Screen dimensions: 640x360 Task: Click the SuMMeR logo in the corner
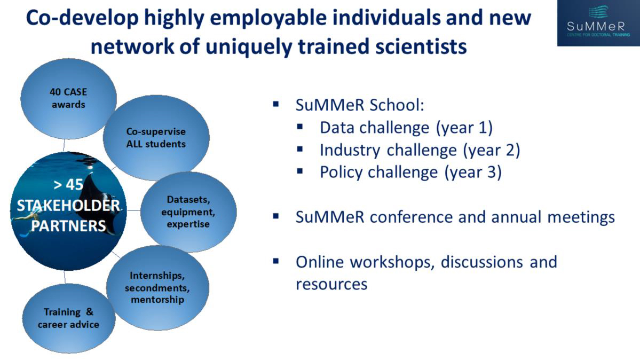(x=598, y=22)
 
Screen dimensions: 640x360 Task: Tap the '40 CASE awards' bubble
(x=68, y=98)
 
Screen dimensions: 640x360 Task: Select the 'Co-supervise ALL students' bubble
(x=156, y=138)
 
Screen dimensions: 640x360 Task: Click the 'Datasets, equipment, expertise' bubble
(x=188, y=212)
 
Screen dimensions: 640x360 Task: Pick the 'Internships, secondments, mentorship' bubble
(x=157, y=288)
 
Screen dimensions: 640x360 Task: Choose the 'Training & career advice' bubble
(x=68, y=318)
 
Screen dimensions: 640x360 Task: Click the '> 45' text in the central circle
(x=68, y=185)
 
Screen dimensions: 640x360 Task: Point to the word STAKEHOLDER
(x=68, y=205)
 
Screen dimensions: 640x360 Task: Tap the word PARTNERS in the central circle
(x=68, y=225)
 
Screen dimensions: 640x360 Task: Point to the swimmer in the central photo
(x=29, y=221)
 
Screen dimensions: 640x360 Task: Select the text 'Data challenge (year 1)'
(x=406, y=128)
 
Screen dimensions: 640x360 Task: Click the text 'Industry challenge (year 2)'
(x=420, y=150)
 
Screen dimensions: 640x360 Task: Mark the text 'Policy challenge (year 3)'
(x=410, y=173)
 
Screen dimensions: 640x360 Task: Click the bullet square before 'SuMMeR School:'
(x=276, y=104)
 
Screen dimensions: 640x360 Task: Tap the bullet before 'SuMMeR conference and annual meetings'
(x=276, y=216)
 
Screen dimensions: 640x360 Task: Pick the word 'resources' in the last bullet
(x=331, y=284)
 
